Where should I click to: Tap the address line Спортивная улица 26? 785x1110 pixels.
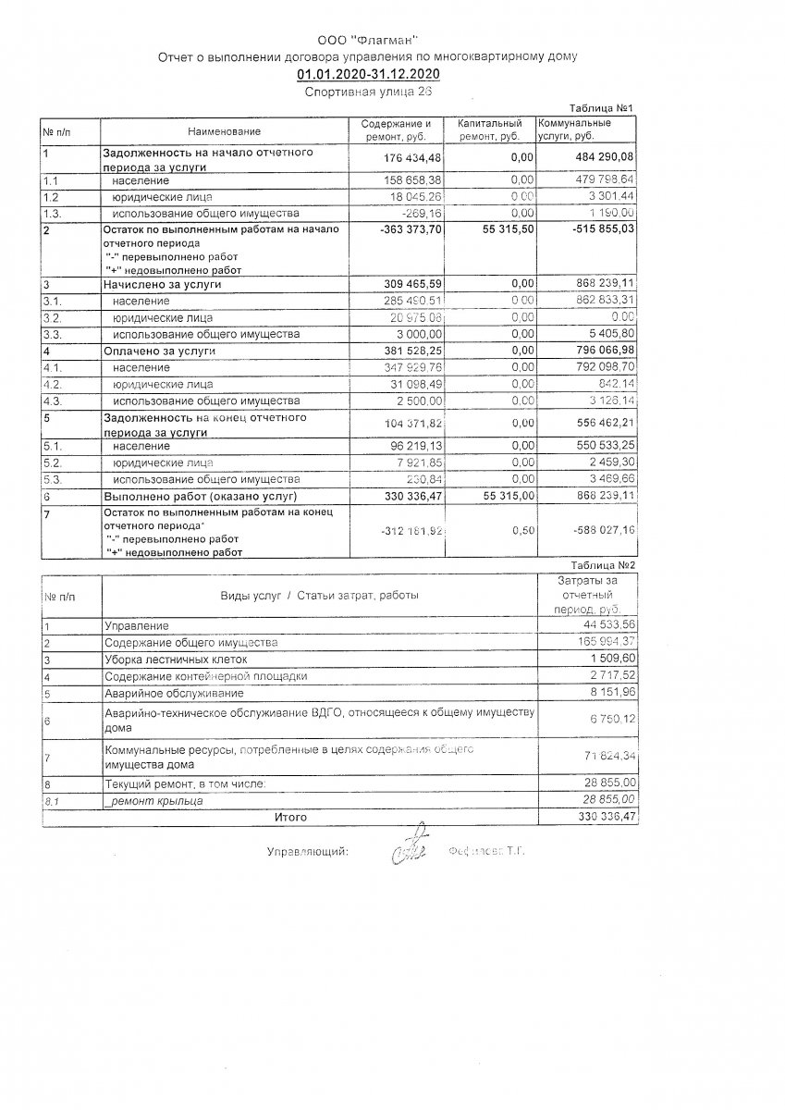[x=367, y=92]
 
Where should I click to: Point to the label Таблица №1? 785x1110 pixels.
[x=602, y=108]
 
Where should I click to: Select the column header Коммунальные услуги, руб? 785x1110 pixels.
[x=574, y=130]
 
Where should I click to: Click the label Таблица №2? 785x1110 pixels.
[x=602, y=563]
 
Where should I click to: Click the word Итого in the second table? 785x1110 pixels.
[x=290, y=818]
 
